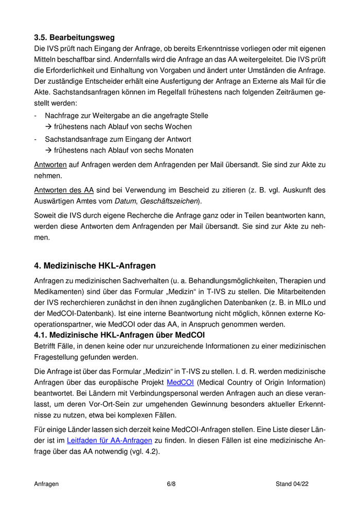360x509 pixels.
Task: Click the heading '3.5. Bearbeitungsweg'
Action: point(74,38)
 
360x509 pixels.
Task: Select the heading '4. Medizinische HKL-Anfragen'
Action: point(95,266)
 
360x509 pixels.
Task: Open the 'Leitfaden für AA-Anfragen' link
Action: point(110,440)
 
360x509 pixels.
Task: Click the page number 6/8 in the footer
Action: point(171,484)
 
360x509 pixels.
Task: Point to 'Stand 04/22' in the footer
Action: point(292,484)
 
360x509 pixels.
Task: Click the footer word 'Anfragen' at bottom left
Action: point(46,484)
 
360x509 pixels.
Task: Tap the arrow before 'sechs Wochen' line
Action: point(49,126)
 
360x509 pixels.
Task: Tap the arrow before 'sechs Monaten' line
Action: point(49,151)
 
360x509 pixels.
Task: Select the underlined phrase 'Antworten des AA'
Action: point(60,190)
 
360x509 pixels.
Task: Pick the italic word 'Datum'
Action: point(126,201)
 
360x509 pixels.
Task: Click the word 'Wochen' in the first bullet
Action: point(178,126)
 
